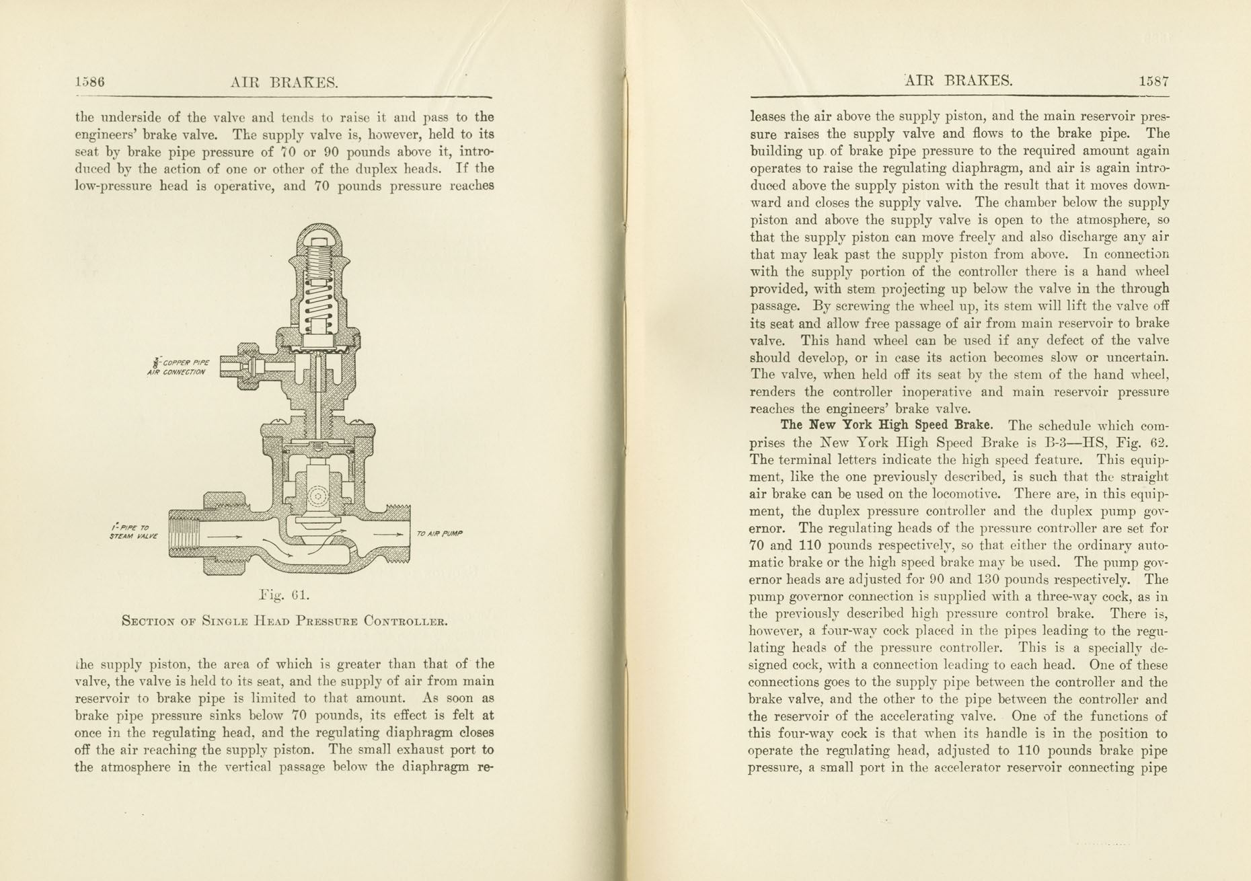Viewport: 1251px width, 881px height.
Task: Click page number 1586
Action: pos(89,83)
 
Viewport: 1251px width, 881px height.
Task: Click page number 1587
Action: pos(1153,81)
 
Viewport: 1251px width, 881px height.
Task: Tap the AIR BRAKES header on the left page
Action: pos(283,83)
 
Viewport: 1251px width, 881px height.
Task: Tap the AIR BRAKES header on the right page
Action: pos(958,81)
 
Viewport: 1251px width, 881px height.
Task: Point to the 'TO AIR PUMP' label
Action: pos(439,533)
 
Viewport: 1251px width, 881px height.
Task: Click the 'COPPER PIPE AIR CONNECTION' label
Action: pos(178,367)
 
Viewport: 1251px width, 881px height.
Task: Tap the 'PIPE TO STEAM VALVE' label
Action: pos(134,532)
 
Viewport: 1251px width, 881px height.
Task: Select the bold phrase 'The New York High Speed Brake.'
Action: pos(886,425)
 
